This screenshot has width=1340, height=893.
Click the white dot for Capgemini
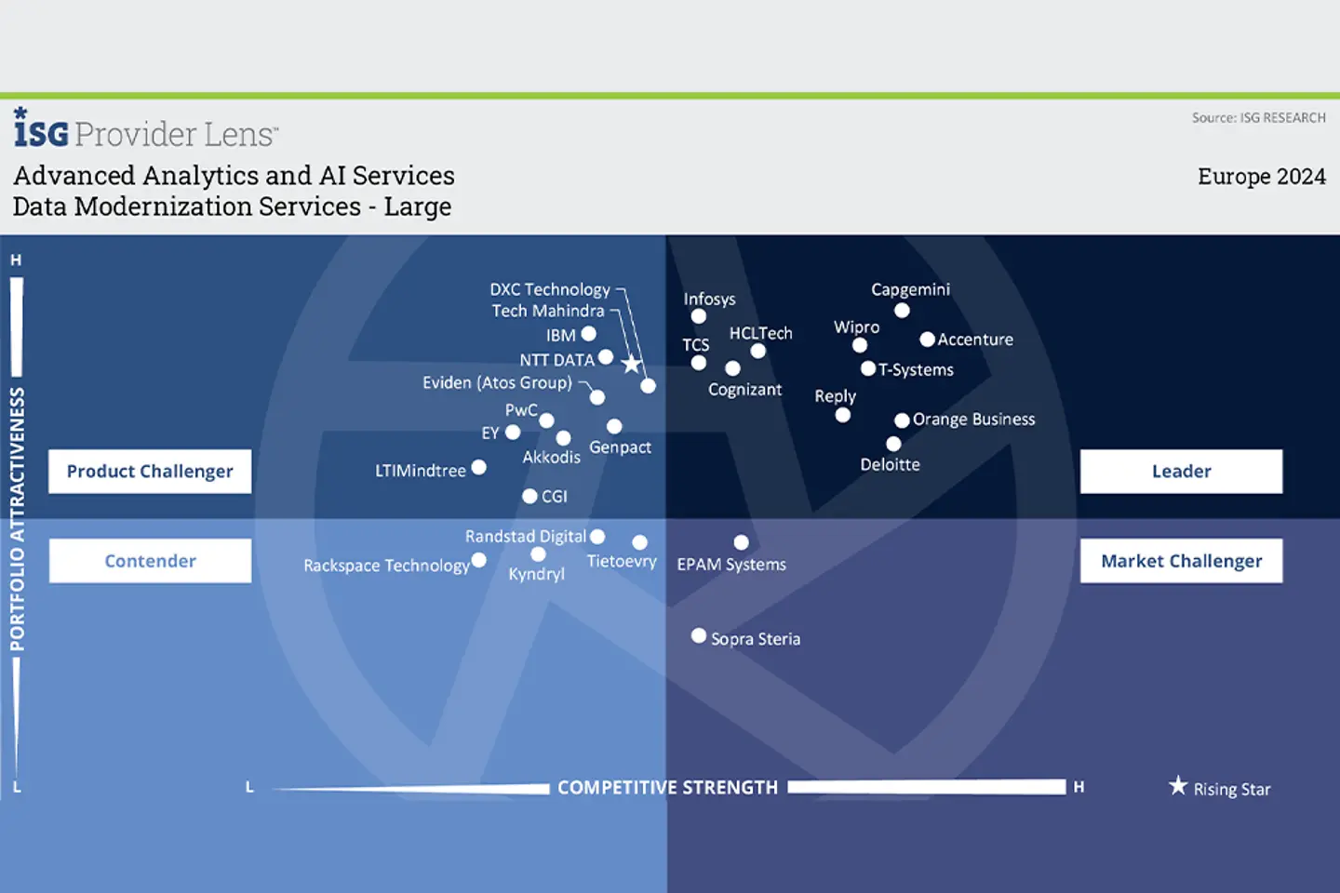click(x=902, y=311)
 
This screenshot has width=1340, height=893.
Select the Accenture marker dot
click(x=927, y=340)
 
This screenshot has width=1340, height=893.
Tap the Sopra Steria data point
click(x=699, y=636)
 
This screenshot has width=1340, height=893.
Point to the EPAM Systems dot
click(x=741, y=542)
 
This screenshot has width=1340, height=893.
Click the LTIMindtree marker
click(x=478, y=467)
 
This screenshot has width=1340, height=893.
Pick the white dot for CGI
click(x=529, y=496)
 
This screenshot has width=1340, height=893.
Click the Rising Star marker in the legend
click(x=1178, y=786)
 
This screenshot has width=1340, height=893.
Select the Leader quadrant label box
click(x=1181, y=472)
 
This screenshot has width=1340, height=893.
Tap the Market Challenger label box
click(x=1181, y=561)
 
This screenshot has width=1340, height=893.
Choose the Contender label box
click(x=150, y=561)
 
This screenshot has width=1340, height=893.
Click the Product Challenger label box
click(x=150, y=472)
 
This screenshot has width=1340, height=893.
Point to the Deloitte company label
click(x=890, y=464)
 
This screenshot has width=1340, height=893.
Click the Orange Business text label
click(x=973, y=420)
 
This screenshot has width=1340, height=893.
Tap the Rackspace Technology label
click(x=386, y=566)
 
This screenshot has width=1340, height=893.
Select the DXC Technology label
click(x=550, y=289)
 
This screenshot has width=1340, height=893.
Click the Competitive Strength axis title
click(x=667, y=788)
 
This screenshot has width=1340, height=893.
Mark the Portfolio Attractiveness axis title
click(x=17, y=519)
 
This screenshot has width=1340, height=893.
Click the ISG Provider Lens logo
click(x=145, y=130)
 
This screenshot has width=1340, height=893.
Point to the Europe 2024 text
click(x=1261, y=177)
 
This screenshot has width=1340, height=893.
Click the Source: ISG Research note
click(x=1258, y=118)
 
